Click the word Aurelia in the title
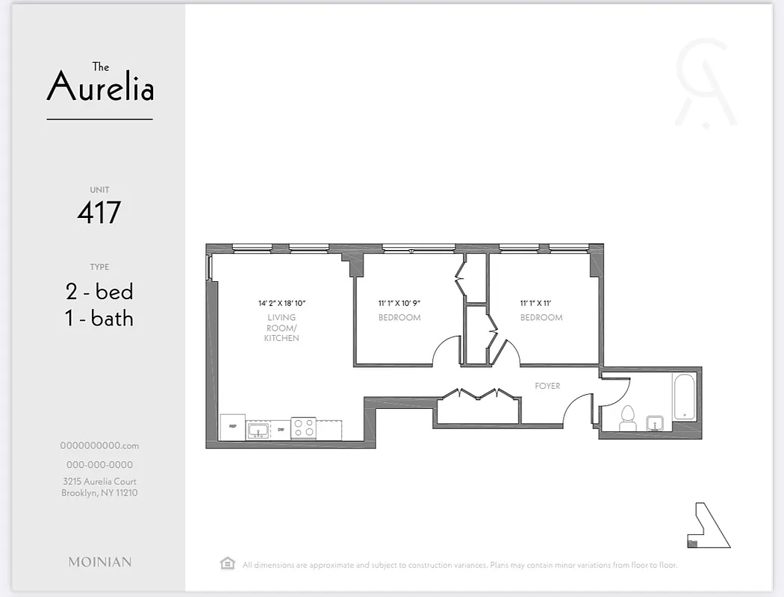tap(100, 88)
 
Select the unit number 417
tap(99, 213)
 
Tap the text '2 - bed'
tap(99, 291)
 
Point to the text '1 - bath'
tap(99, 319)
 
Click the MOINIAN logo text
tap(99, 562)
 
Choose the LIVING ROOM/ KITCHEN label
tap(281, 328)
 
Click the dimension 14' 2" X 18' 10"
tap(282, 303)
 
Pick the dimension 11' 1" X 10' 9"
tap(399, 303)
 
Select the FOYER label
tap(547, 386)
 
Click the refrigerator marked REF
tap(232, 427)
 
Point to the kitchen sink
tap(258, 429)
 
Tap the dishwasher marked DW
tap(281, 430)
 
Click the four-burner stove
tap(303, 428)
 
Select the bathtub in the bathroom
tap(684, 396)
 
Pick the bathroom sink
tap(654, 423)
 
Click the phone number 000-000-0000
tap(99, 464)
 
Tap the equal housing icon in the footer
tap(228, 563)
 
